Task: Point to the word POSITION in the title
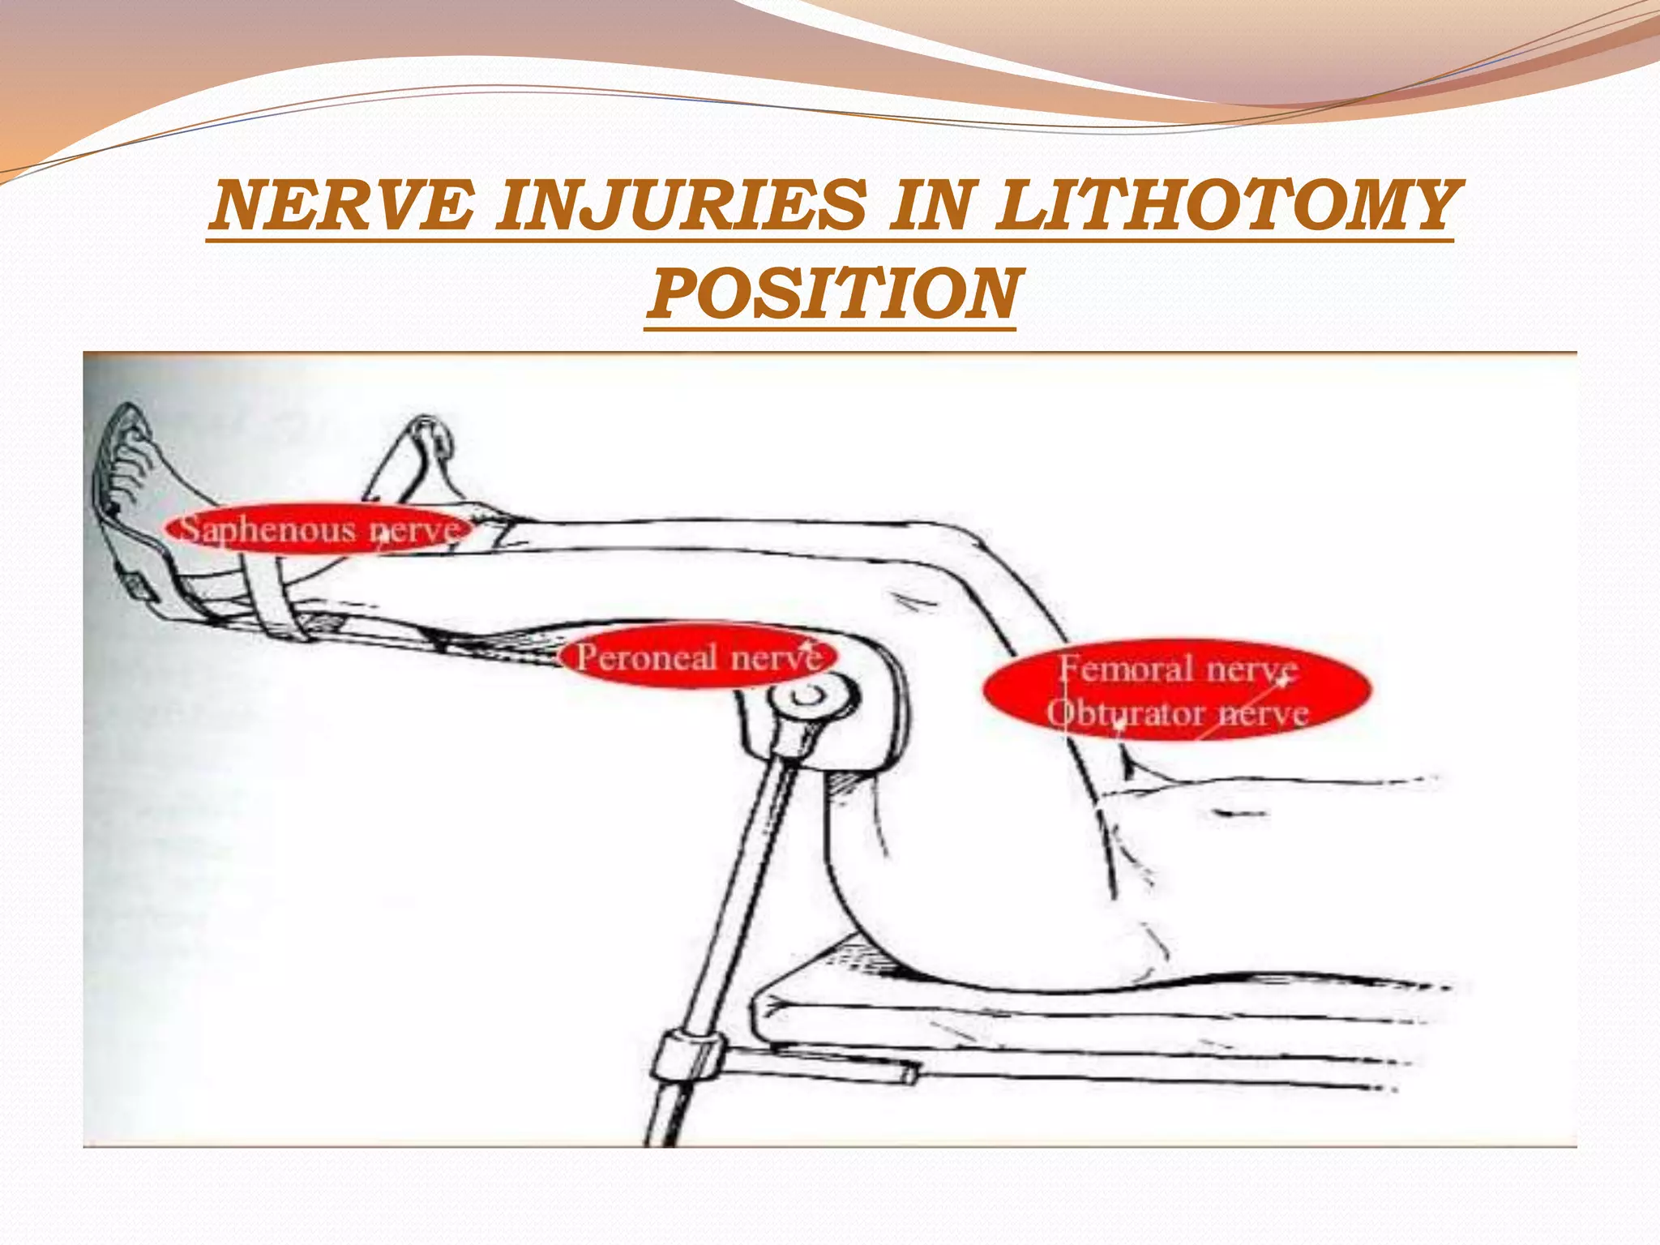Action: pos(831,293)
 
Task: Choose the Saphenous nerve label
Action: pos(318,529)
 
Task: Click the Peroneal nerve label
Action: pos(697,657)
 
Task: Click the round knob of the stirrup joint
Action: pos(811,699)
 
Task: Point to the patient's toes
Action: pos(130,454)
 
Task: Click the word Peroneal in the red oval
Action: pos(647,657)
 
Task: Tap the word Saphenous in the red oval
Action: pos(267,529)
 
